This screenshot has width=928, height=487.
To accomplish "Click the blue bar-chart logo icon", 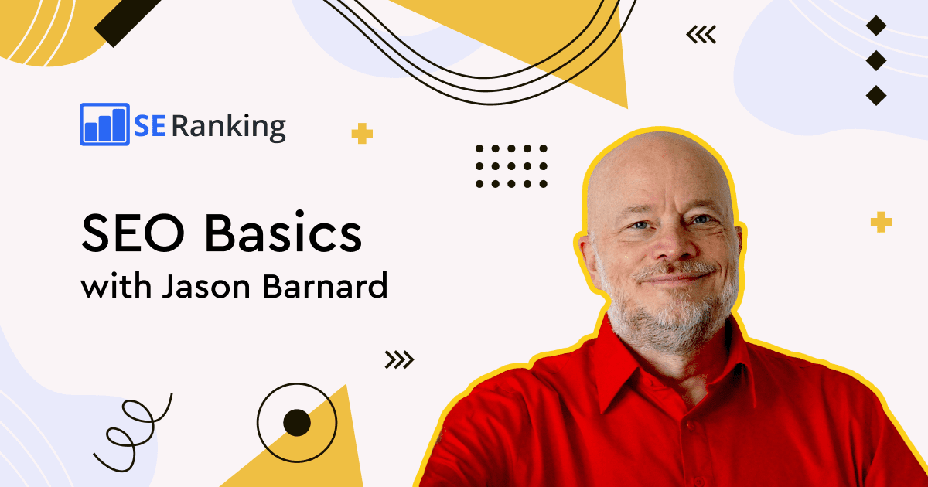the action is point(104,124).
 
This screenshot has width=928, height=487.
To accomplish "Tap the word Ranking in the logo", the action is point(229,126).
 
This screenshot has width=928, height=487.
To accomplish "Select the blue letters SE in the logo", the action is point(150,126).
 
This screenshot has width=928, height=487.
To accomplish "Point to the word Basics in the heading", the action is point(283,231).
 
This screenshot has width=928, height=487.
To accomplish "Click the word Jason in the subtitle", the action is point(206,285).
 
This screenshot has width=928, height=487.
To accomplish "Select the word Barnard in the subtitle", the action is point(326,284).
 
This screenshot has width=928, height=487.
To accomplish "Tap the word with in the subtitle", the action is point(116,285).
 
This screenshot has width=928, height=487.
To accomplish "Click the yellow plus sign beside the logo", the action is point(362,133).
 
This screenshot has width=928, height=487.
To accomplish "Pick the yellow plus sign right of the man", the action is point(881,222).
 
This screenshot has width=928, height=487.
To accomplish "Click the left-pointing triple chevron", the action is point(701,35).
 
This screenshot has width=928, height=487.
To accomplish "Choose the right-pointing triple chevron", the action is point(399,359).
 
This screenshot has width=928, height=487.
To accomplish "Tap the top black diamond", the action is point(876,26).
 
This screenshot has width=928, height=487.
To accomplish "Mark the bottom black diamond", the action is point(876,95).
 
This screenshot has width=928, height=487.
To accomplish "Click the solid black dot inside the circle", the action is point(297,423).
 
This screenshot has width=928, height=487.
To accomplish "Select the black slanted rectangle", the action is point(126,21).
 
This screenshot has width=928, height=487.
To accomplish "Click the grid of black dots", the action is point(511,166).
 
